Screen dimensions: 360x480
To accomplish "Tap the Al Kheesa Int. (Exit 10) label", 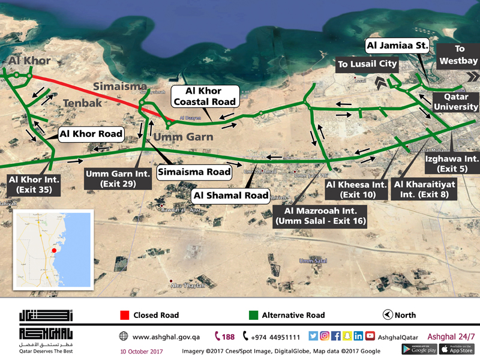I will pos(356,190).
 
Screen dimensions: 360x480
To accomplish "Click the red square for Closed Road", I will pos(124,315).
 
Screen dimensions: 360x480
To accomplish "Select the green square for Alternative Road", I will pos(253,315).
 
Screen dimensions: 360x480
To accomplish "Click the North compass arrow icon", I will pos(388,315).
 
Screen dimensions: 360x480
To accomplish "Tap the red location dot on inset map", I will pos(54,250).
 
